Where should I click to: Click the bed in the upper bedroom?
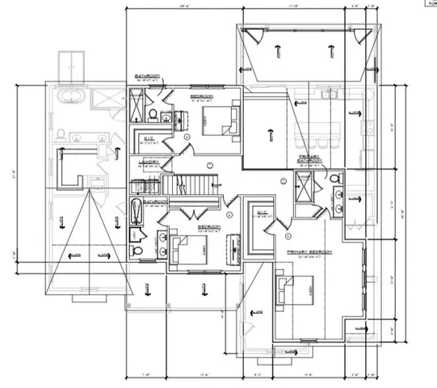pyautogui.click(x=219, y=121)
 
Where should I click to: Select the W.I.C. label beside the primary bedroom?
pyautogui.click(x=263, y=213)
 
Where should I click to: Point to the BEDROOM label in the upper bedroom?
pyautogui.click(x=201, y=97)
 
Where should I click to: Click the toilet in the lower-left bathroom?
pyautogui.click(x=137, y=251)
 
